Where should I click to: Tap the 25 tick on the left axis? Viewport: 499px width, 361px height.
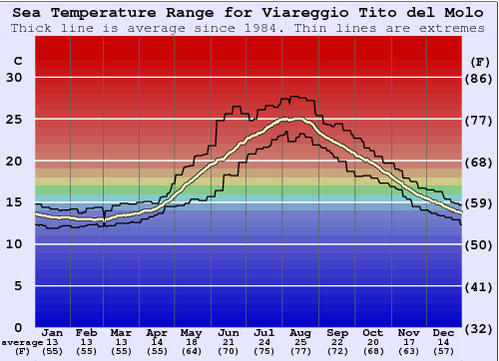point(14,119)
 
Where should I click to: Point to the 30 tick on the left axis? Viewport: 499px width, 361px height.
point(14,77)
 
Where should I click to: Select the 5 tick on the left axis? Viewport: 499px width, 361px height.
point(17,286)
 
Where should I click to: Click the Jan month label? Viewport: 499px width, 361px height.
point(53,332)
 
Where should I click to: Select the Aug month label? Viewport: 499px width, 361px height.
point(299,332)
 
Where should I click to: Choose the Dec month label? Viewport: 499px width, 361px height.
point(444,332)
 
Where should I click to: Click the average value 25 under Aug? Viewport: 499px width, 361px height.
point(299,342)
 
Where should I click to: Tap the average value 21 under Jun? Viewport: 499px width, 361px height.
point(230,342)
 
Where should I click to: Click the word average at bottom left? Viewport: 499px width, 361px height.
point(21,342)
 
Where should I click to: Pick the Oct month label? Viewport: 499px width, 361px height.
point(371,332)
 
